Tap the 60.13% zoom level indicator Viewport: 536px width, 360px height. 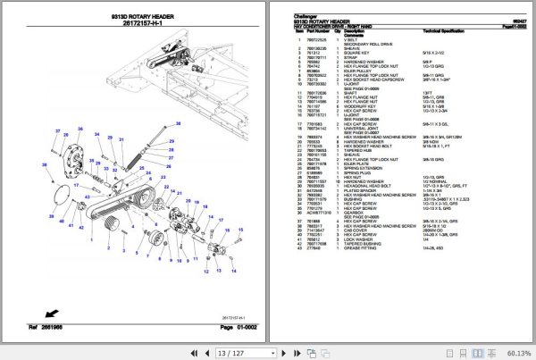[515, 353]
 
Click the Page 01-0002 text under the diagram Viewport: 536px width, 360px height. [230, 330]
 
